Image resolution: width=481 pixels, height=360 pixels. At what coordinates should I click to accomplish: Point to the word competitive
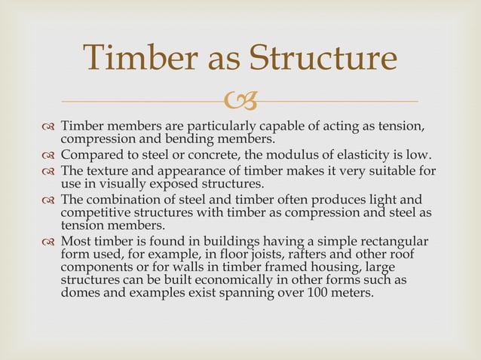click(x=97, y=213)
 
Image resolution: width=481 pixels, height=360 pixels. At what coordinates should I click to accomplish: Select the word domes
click(x=79, y=293)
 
